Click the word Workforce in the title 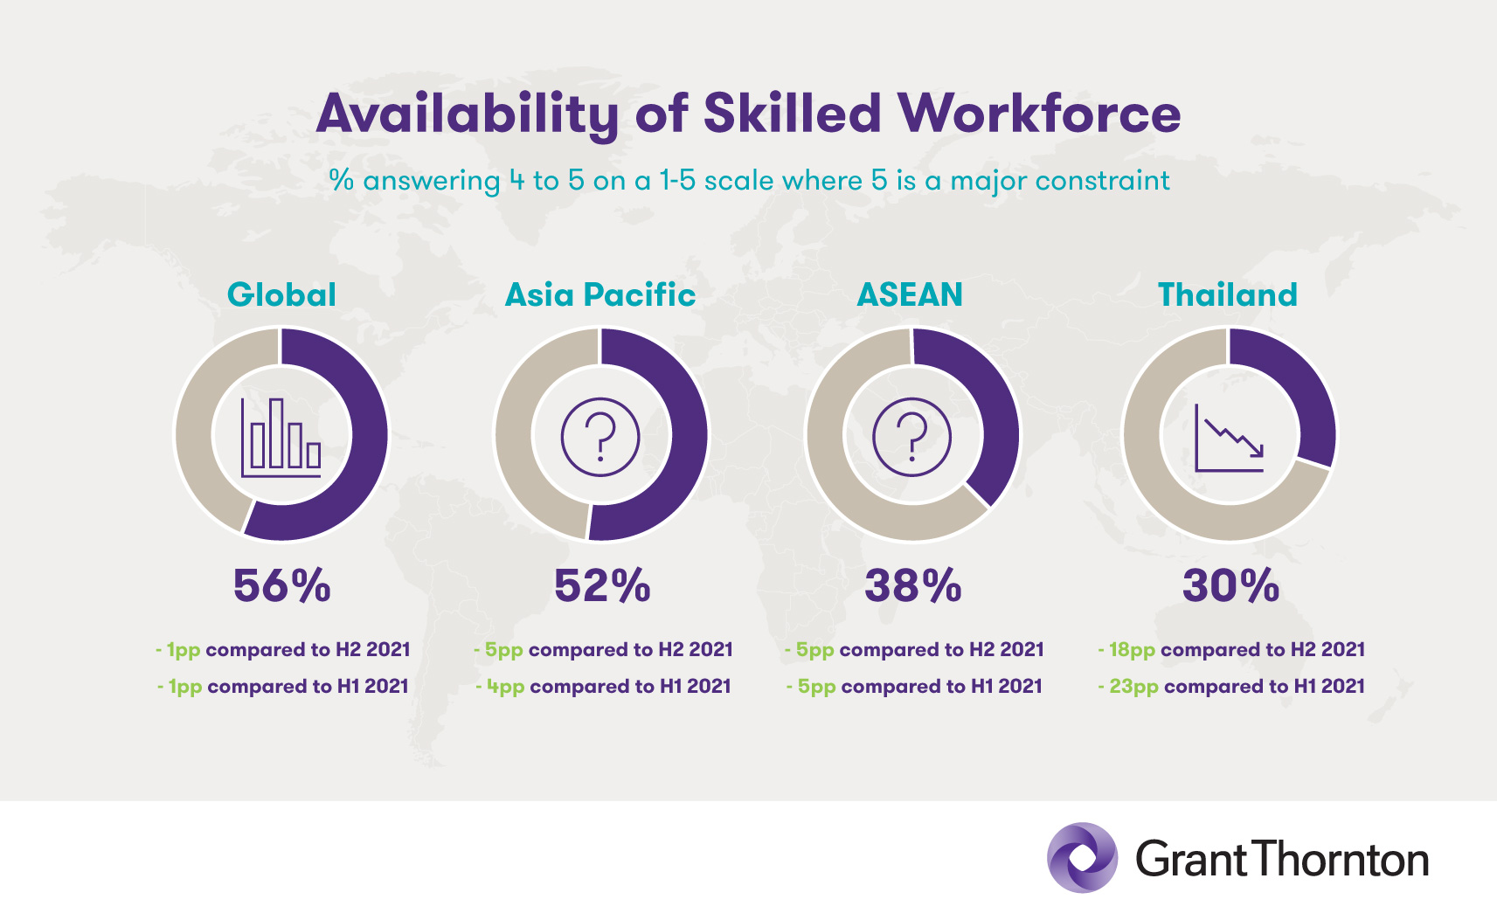(x=1039, y=114)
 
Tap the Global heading (x=281, y=294)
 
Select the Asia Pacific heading (x=600, y=294)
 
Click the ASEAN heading (x=910, y=294)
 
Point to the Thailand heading (x=1228, y=294)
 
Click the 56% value (x=282, y=586)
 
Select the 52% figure (x=602, y=586)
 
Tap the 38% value (x=913, y=586)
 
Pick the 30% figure (x=1230, y=586)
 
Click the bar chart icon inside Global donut (x=281, y=438)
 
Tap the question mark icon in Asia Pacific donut (x=600, y=438)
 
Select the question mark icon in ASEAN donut (x=911, y=437)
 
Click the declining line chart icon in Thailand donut (x=1229, y=438)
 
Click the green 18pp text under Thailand (x=1132, y=650)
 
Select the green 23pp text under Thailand (x=1133, y=687)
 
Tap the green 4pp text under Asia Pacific (x=506, y=687)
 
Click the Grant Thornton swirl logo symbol (x=1082, y=858)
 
